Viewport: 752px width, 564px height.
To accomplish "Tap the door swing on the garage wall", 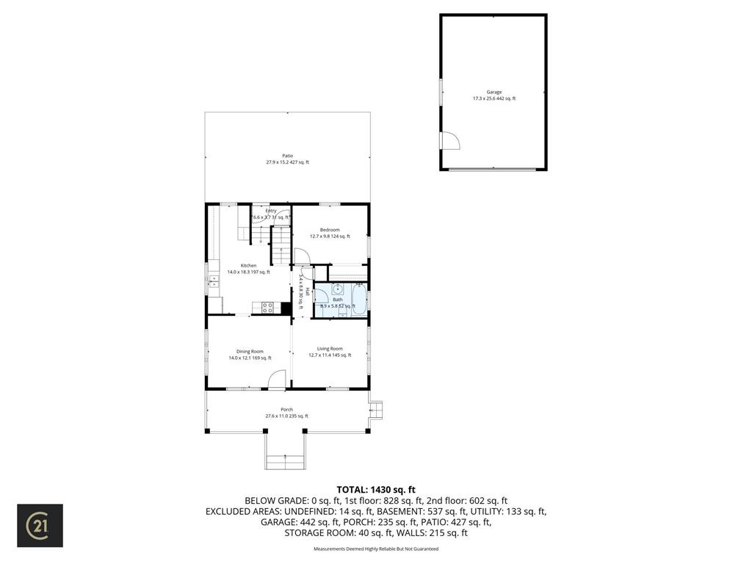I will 449,141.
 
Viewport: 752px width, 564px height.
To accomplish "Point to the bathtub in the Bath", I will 358,300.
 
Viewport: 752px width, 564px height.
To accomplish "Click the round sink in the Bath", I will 339,289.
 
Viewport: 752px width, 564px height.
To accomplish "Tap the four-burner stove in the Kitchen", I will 267,308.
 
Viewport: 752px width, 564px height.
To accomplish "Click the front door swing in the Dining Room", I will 276,379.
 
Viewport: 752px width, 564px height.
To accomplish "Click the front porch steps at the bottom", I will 284,461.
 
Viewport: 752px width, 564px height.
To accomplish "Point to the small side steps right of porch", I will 376,408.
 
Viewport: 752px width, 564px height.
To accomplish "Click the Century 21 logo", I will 40,525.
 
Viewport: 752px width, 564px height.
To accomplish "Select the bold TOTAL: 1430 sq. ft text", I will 375,489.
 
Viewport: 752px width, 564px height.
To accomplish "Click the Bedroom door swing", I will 301,256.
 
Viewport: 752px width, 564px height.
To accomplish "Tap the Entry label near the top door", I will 271,211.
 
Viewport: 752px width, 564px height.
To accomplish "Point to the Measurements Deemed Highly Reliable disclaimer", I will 375,549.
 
